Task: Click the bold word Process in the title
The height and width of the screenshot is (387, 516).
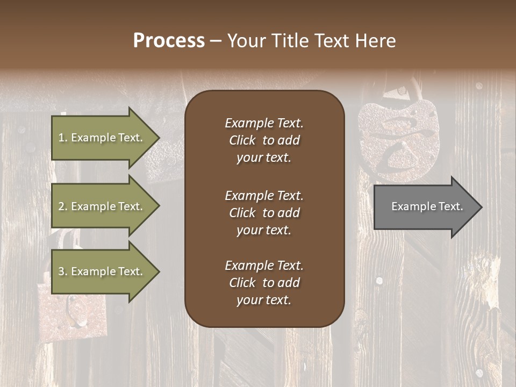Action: tap(169, 41)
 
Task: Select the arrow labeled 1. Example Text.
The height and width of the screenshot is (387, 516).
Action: tap(102, 138)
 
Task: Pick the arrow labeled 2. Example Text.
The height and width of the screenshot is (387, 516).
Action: tap(102, 206)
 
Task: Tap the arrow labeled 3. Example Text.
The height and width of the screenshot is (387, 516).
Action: tap(102, 271)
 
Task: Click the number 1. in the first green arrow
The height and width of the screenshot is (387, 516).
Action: tap(63, 138)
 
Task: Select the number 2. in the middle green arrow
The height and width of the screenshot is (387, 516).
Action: tap(63, 206)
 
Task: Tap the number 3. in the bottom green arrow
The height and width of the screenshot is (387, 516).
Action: tap(63, 271)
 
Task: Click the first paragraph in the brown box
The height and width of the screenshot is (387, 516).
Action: tap(264, 140)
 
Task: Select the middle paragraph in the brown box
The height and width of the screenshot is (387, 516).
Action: tap(264, 213)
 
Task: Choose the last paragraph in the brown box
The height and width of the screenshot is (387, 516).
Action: tap(264, 283)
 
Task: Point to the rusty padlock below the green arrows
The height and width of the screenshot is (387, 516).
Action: tap(73, 312)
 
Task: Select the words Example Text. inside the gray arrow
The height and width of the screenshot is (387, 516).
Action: tap(427, 206)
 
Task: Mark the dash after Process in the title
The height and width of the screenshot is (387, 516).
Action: tap(216, 41)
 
